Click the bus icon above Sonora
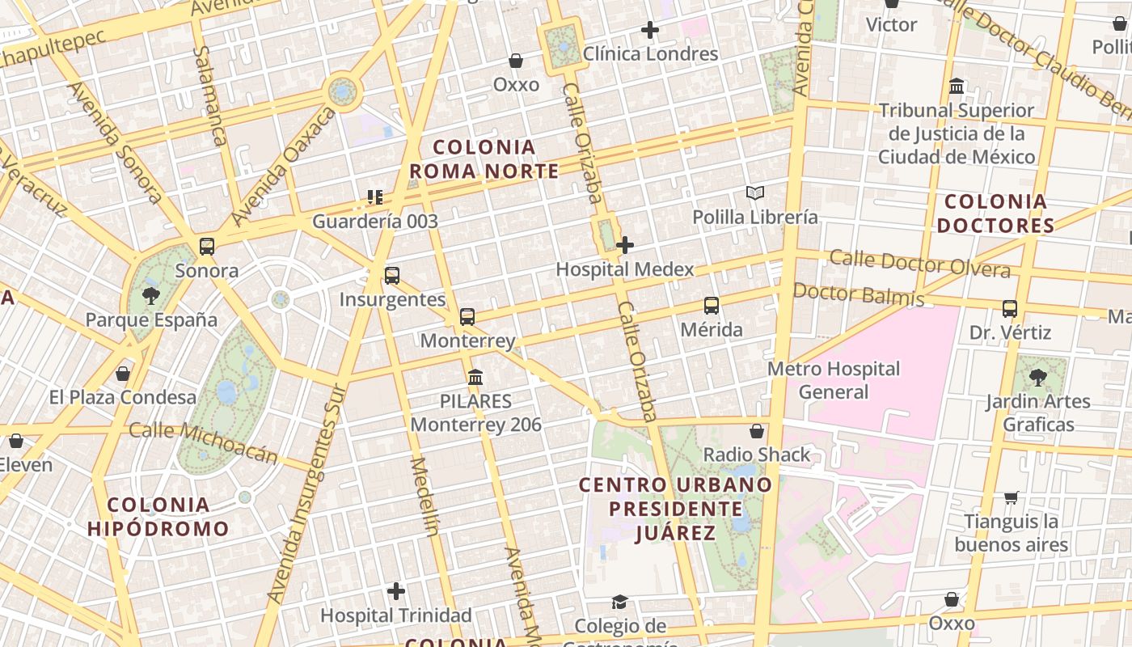click(207, 247)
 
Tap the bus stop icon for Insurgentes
click(392, 276)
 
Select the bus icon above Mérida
click(712, 306)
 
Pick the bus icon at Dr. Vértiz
click(1010, 308)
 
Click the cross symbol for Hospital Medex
click(625, 244)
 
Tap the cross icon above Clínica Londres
click(649, 31)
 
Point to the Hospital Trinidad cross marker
click(396, 591)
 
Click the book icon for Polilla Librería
click(755, 193)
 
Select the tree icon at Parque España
click(151, 295)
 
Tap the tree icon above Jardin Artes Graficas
click(1038, 377)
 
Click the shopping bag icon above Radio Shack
click(757, 431)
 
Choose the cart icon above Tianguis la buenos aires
click(1012, 497)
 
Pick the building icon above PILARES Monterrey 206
click(475, 377)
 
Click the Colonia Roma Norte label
click(484, 159)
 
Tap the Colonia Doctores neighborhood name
click(995, 214)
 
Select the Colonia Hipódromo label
click(158, 518)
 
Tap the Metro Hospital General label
click(834, 380)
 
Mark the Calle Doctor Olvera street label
click(920, 264)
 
